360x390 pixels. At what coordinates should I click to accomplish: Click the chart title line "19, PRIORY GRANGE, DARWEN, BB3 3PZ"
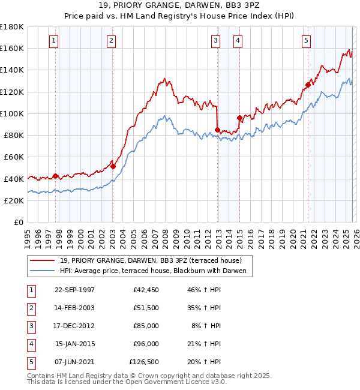[x=179, y=7]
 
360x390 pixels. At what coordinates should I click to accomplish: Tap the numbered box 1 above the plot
[x=54, y=41]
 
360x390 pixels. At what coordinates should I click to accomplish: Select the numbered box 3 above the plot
[x=215, y=41]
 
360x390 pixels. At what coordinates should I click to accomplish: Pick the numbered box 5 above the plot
[x=306, y=41]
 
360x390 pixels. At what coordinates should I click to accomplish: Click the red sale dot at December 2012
[x=217, y=130]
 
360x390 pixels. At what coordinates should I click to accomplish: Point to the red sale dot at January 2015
[x=239, y=118]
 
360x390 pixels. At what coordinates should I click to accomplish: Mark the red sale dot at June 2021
[x=308, y=85]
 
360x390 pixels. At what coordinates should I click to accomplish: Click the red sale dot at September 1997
[x=56, y=176]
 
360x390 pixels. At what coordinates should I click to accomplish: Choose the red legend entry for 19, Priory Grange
[x=150, y=260]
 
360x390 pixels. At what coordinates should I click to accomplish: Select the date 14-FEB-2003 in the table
[x=74, y=308]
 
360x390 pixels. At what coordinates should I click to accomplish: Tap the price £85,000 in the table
[x=145, y=326]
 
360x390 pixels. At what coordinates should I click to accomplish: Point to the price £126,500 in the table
[x=144, y=362]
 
